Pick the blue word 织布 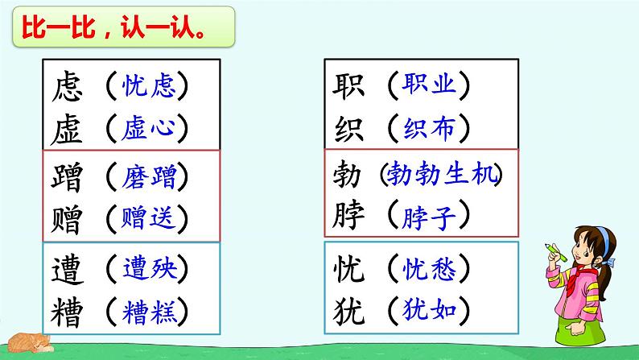click(x=428, y=126)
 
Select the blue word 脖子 click(x=428, y=217)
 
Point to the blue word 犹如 click(x=428, y=311)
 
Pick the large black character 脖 click(x=346, y=217)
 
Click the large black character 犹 click(x=346, y=311)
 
